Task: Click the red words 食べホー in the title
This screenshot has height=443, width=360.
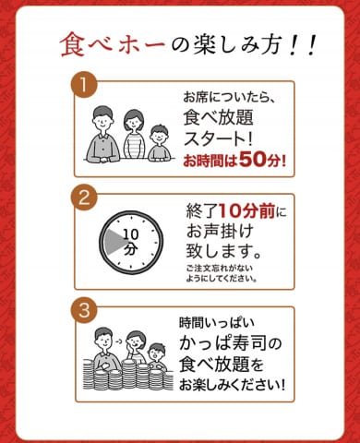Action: pyautogui.click(x=113, y=45)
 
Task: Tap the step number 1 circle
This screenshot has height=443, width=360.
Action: pyautogui.click(x=83, y=84)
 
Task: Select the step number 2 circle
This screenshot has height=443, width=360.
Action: pyautogui.click(x=84, y=198)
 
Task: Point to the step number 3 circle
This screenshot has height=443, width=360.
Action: pyautogui.click(x=84, y=310)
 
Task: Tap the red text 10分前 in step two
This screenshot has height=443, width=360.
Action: pyautogui.click(x=247, y=211)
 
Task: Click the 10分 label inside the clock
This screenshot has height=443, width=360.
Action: pyautogui.click(x=131, y=242)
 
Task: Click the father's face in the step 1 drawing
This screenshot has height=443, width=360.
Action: pyautogui.click(x=102, y=119)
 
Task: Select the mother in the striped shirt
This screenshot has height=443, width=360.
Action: pyautogui.click(x=134, y=135)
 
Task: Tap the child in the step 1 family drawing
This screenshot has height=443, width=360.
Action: pyautogui.click(x=159, y=143)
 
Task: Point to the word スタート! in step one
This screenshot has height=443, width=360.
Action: pyautogui.click(x=218, y=138)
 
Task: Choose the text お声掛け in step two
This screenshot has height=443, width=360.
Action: pyautogui.click(x=220, y=232)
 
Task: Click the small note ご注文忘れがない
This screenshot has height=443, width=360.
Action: pyautogui.click(x=220, y=268)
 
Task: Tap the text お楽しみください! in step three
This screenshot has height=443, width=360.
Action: pyautogui.click(x=232, y=385)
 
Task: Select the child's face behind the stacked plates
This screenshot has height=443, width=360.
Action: pyautogui.click(x=157, y=353)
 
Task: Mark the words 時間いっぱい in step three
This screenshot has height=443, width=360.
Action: pyautogui.click(x=217, y=323)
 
